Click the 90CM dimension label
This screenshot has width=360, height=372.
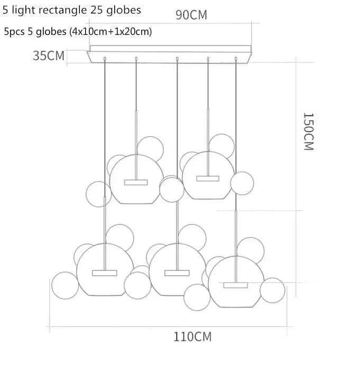click(x=191, y=14)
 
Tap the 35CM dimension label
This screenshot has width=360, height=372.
click(x=49, y=55)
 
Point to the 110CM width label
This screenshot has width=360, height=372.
click(x=192, y=336)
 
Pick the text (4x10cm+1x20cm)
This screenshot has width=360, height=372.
click(x=110, y=32)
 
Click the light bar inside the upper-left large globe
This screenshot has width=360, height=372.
click(x=136, y=183)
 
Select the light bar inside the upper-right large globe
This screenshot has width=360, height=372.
click(x=207, y=178)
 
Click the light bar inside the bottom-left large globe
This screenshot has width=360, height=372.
click(x=104, y=273)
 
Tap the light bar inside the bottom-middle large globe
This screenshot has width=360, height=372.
click(x=177, y=273)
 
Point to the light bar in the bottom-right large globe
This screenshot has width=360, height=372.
click(x=235, y=285)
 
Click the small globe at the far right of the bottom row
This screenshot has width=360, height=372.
click(x=272, y=290)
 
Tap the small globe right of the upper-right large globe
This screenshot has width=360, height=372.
click(x=242, y=183)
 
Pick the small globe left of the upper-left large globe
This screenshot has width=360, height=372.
click(x=99, y=194)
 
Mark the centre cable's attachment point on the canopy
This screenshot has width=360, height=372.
click(x=177, y=59)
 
